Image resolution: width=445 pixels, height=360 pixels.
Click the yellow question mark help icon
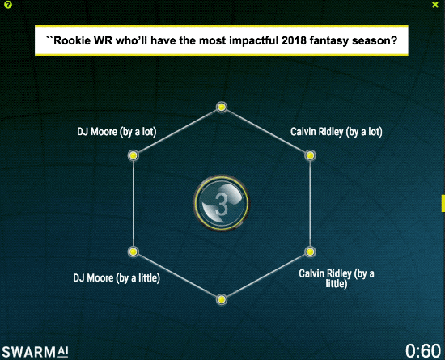(8, 5)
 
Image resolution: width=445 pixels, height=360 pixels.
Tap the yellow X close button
(435, 5)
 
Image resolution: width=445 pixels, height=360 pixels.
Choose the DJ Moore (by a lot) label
(117, 132)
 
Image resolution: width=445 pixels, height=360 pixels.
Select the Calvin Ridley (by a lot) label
(337, 132)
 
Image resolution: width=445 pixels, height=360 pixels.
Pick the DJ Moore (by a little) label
(117, 278)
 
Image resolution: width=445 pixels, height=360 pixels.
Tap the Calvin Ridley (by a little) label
(337, 278)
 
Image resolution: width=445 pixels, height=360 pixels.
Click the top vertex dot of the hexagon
(222, 108)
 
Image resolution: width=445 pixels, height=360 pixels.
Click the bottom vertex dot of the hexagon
(222, 299)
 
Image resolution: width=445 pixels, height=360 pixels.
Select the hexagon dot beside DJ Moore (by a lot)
(133, 155)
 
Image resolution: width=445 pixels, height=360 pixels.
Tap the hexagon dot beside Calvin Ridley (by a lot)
(310, 155)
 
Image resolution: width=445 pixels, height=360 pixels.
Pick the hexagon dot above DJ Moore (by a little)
(133, 252)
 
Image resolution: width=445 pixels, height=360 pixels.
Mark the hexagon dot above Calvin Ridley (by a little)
(310, 252)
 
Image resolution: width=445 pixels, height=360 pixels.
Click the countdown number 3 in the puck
(222, 204)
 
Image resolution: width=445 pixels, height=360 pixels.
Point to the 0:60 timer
(423, 350)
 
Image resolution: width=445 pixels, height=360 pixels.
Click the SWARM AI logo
(35, 352)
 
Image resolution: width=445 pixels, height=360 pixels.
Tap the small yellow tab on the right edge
(443, 203)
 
